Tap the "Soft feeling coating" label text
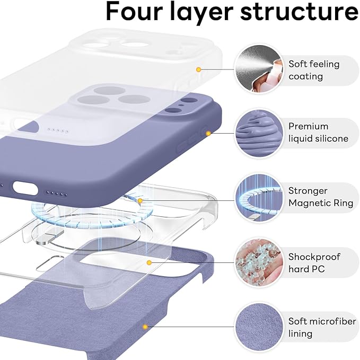313,70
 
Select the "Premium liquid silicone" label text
318,133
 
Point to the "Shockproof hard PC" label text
314,263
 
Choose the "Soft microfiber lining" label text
321,328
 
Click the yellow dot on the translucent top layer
198,69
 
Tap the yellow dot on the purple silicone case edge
208,133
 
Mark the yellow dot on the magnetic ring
140,201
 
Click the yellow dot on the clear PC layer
150,262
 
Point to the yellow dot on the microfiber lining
144,327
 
